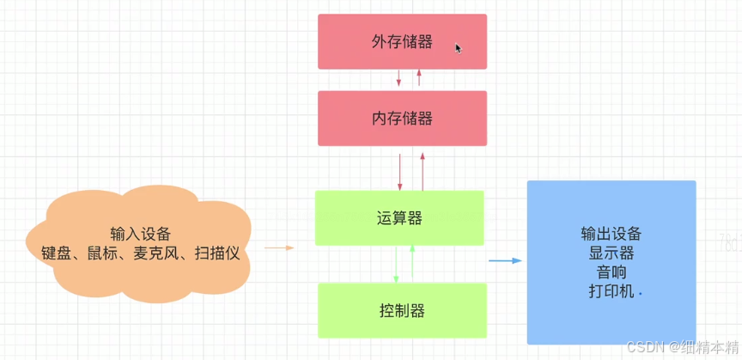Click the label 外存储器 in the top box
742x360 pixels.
coord(402,41)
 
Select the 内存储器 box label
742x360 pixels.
coord(402,118)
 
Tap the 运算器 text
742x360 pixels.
coord(399,217)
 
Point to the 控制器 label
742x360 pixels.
coord(402,310)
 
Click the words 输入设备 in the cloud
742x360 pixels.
coord(141,235)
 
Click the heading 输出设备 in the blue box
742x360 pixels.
coord(611,234)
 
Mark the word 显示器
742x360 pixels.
coord(611,253)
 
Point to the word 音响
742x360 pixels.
coord(611,272)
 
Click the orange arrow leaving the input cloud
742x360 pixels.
coord(278,247)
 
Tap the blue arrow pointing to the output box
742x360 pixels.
coord(505,260)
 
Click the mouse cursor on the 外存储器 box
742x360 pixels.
coord(459,49)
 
